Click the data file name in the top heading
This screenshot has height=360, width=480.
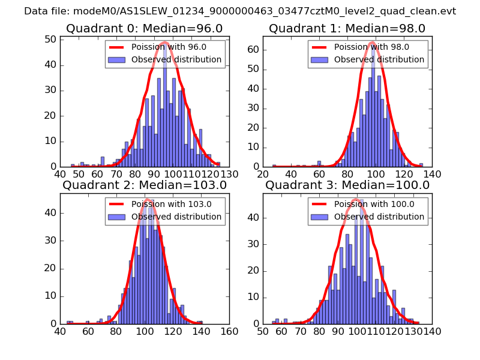pyautogui.click(x=240, y=11)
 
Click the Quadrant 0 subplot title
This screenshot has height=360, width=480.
pyautogui.click(x=145, y=28)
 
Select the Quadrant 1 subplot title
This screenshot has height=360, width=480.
pyautogui.click(x=347, y=28)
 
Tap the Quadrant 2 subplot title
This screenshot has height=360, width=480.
pyautogui.click(x=145, y=185)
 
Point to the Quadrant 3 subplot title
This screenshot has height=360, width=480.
pyautogui.click(x=347, y=185)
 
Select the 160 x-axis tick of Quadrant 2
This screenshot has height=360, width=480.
pyautogui.click(x=229, y=331)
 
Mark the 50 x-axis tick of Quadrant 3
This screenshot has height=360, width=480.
pyautogui.click(x=263, y=331)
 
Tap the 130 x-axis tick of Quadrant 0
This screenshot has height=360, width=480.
pyautogui.click(x=229, y=174)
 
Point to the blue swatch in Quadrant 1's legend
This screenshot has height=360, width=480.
pyautogui.click(x=320, y=60)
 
